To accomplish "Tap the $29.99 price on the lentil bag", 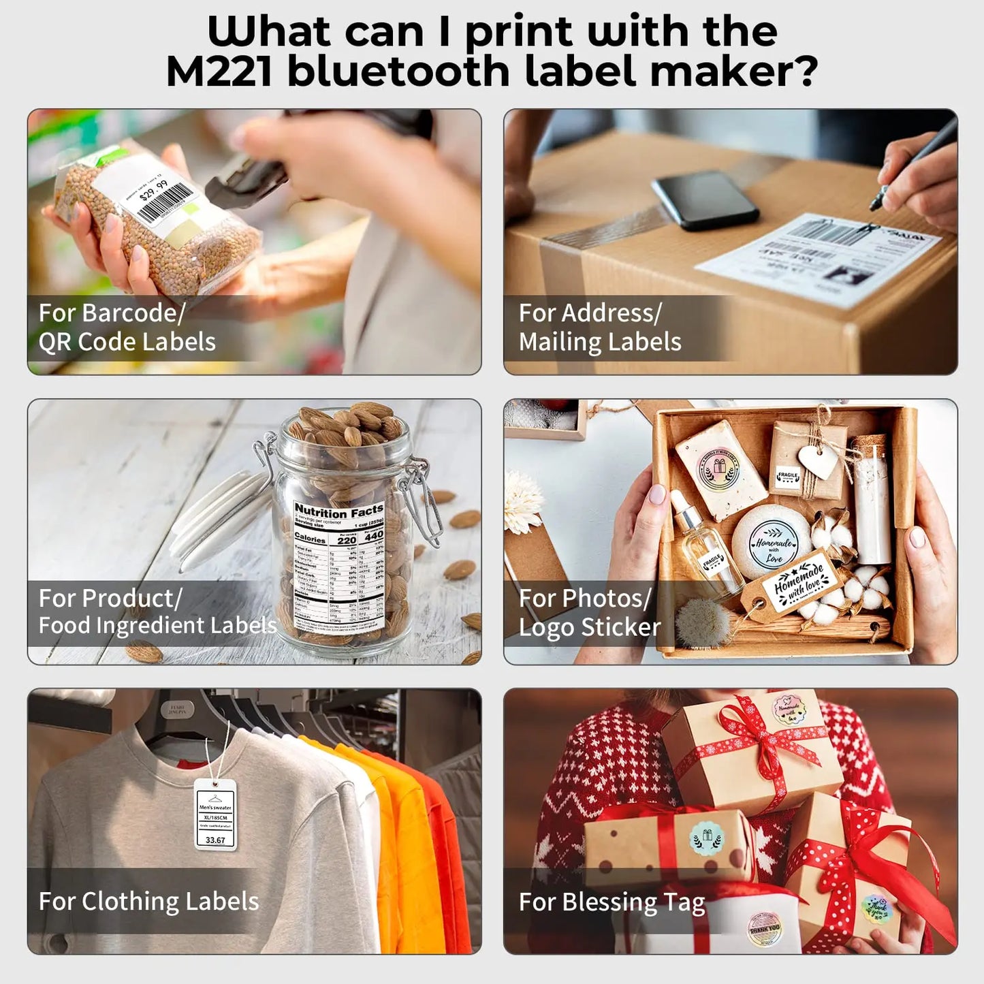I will tap(153, 191).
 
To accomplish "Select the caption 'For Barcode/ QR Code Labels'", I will tap(127, 328).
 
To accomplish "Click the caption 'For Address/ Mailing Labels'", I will tap(599, 328).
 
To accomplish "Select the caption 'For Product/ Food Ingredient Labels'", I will tap(157, 612).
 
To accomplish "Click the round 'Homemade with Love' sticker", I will tap(772, 543).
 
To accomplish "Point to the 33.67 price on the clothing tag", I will tap(215, 840).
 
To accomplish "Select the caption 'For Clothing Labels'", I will tap(148, 902).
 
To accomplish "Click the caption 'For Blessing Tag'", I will tap(612, 902).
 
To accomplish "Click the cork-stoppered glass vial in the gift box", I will tap(872, 497).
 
